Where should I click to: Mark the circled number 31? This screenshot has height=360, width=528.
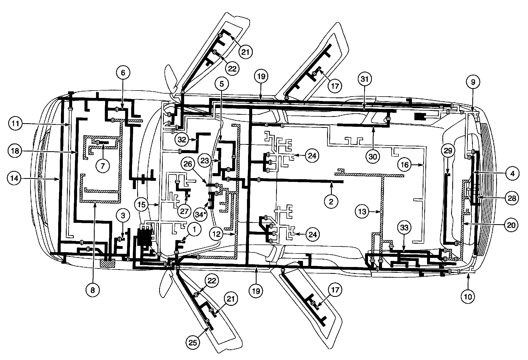tap(365, 79)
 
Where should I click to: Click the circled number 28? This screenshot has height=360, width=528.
tap(511, 198)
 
